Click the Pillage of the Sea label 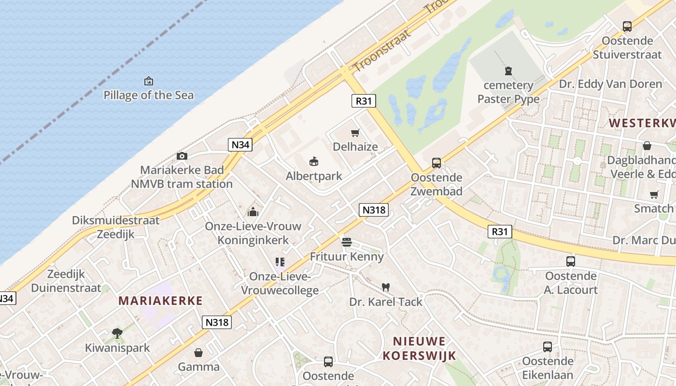[x=149, y=95]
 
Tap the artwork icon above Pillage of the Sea [x=149, y=81]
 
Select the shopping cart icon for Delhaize [x=355, y=133]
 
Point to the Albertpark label [x=314, y=176]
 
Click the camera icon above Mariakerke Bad [x=182, y=156]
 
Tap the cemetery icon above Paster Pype [x=508, y=71]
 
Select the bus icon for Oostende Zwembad [x=437, y=163]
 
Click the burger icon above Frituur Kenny [x=347, y=242]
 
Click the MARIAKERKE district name [x=161, y=301]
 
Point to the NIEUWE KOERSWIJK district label [x=419, y=349]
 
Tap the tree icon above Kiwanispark [x=117, y=333]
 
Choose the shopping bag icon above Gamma [x=198, y=353]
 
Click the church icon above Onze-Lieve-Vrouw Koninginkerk [x=253, y=212]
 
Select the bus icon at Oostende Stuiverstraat [x=627, y=27]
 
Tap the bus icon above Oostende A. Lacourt [x=571, y=262]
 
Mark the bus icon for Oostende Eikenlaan [x=548, y=347]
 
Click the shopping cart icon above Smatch [x=654, y=194]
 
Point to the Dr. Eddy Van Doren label [x=610, y=84]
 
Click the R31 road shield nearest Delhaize [x=364, y=101]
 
